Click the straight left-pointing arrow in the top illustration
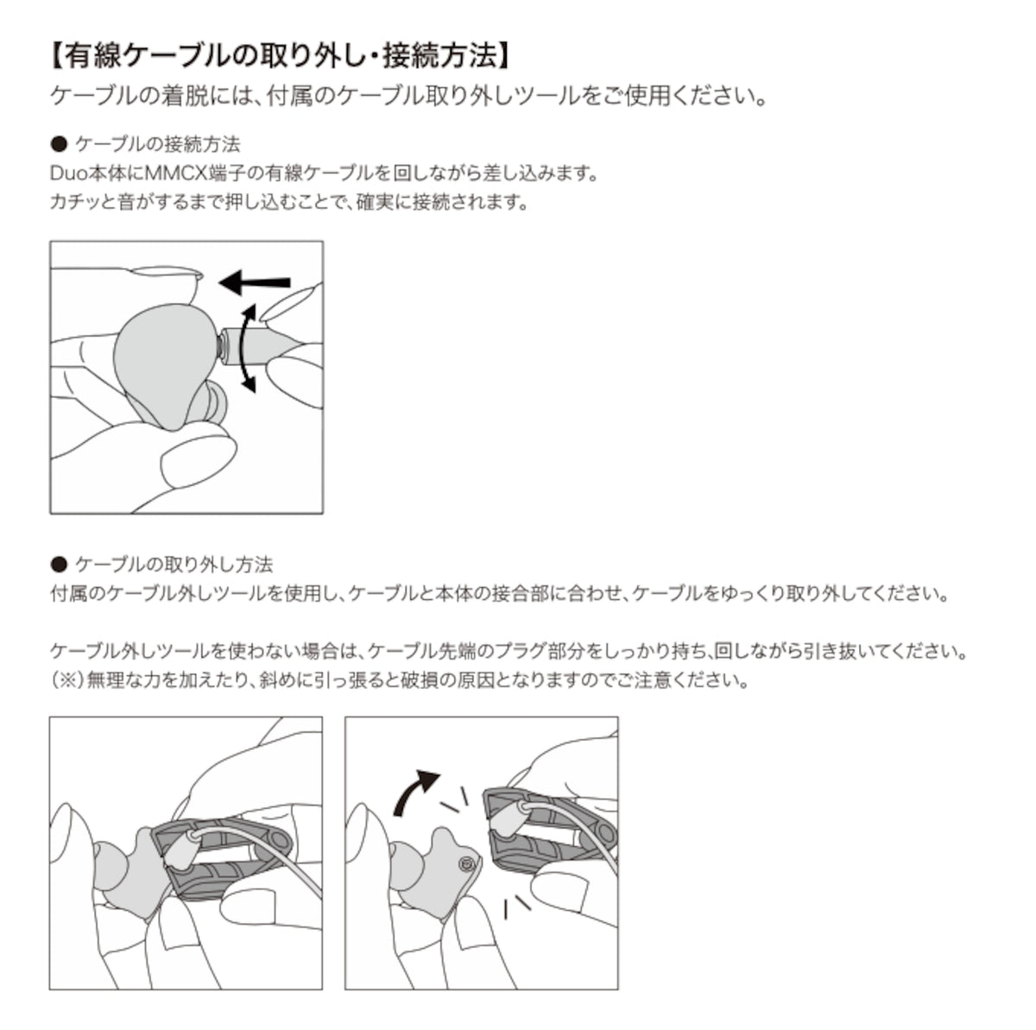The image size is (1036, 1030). [x=255, y=281]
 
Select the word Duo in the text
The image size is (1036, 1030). [x=68, y=173]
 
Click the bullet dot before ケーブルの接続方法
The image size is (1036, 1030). [x=59, y=143]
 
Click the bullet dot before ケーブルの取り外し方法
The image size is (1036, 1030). [x=59, y=565]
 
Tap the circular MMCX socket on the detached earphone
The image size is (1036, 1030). [x=467, y=864]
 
